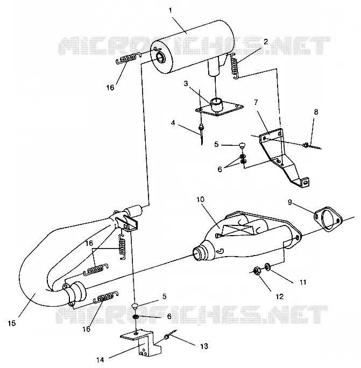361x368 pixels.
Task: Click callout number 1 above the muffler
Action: pos(171,10)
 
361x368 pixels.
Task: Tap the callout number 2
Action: pos(266,42)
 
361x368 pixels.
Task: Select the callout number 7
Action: pos(256,102)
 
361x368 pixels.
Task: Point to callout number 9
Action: pos(290,202)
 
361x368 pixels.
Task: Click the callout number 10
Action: pos(201,200)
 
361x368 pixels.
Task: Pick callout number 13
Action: pos(204,346)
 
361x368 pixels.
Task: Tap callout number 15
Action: pos(12,323)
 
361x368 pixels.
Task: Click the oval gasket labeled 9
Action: pos(328,219)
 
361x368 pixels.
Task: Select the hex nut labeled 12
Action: pos(257,271)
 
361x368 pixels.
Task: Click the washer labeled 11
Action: pos(267,267)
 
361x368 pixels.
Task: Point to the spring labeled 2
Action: pos(235,66)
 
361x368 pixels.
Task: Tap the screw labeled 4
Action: pos(201,132)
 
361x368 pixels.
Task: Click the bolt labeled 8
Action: pos(312,146)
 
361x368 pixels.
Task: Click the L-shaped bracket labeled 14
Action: pos(142,343)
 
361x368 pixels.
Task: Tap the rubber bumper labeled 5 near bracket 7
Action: pos(242,145)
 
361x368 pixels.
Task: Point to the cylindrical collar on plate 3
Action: pos(216,104)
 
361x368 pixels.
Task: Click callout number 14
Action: pos(100,359)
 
